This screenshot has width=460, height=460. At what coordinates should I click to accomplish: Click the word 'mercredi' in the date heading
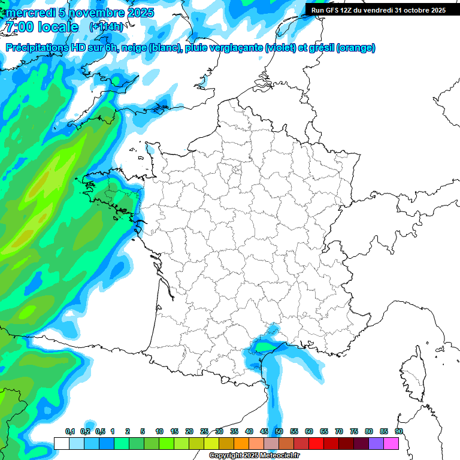[x=30, y=13]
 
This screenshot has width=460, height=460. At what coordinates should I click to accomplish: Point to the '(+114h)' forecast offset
[x=106, y=27]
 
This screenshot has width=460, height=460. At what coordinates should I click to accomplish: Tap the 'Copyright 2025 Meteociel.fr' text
[x=253, y=456]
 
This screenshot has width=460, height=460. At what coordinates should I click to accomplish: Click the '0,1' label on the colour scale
[x=70, y=432]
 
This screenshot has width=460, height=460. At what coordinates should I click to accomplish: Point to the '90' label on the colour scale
[x=398, y=432]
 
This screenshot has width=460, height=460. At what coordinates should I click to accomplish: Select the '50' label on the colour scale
[x=279, y=432]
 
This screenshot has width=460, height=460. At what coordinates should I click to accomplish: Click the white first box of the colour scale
[x=61, y=443]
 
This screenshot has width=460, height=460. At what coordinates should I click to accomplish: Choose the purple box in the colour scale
[x=377, y=443]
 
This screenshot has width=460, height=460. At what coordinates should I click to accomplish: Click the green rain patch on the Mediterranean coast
[x=264, y=346]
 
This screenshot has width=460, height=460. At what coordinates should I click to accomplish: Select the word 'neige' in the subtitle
[x=135, y=48]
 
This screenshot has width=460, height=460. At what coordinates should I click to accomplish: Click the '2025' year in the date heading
[x=141, y=13]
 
